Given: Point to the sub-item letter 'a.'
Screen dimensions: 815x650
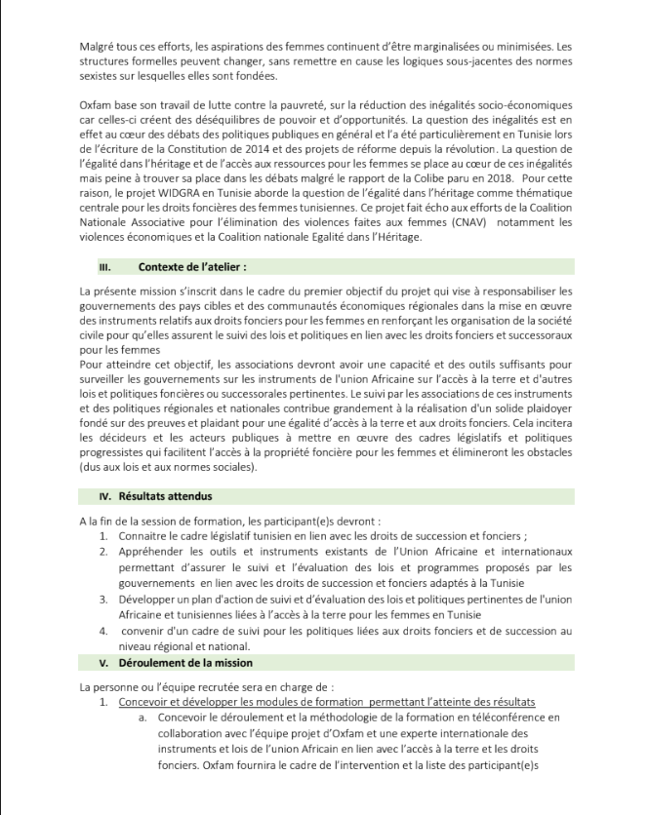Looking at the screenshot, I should (x=142, y=718).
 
